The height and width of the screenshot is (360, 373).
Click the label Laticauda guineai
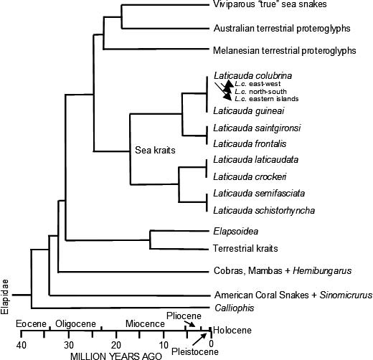[249, 111]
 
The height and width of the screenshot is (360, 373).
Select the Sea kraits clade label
[155, 150]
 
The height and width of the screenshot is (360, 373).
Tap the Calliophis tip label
[235, 308]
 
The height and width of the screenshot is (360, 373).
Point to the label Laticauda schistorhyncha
[264, 211]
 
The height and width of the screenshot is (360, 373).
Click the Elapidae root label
[5, 297]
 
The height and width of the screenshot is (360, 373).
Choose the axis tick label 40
[22, 345]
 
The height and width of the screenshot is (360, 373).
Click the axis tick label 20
[116, 345]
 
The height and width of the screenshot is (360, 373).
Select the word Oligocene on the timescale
[75, 324]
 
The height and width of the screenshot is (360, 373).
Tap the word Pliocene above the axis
[184, 316]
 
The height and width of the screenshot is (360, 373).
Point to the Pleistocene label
[195, 351]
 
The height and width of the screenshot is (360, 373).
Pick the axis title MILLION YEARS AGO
[116, 356]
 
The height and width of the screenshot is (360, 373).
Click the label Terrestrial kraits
[245, 249]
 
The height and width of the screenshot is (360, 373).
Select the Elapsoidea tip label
[236, 232]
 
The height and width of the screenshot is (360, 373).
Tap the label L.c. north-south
[260, 92]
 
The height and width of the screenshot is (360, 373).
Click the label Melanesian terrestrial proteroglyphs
[285, 51]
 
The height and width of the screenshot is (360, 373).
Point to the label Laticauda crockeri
[250, 177]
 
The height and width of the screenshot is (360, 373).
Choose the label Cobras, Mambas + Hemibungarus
[283, 271]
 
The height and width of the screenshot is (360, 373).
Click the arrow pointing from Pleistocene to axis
[199, 339]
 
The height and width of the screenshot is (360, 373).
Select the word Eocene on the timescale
[31, 324]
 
